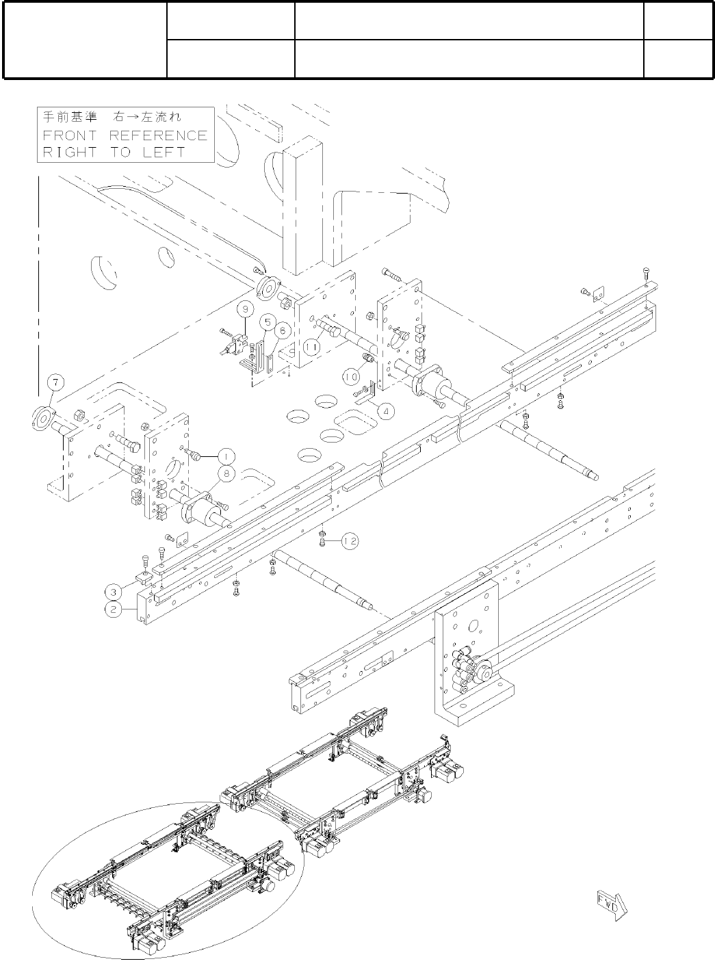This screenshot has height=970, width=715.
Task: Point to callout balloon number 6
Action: pyautogui.click(x=281, y=330)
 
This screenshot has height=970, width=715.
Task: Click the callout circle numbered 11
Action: pyautogui.click(x=312, y=347)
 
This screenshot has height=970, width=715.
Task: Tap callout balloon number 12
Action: pyautogui.click(x=350, y=541)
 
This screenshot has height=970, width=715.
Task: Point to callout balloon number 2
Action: pyautogui.click(x=114, y=607)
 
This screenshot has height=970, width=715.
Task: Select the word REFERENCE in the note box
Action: pyautogui.click(x=158, y=135)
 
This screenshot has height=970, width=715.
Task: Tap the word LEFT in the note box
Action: pyautogui.click(x=164, y=152)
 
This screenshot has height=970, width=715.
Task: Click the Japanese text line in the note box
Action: pyautogui.click(x=113, y=117)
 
